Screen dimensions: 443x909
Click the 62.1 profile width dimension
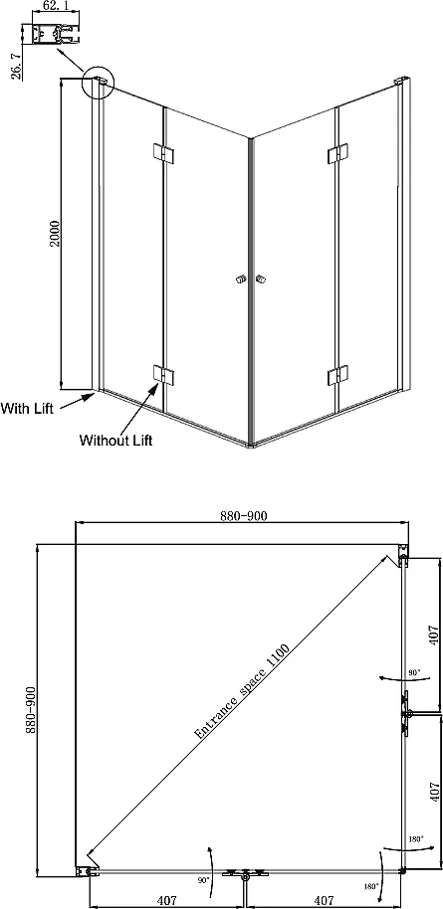[51, 6]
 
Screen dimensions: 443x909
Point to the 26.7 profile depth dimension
[16, 65]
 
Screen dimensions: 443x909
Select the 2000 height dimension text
[55, 233]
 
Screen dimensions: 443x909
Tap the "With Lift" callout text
[27, 408]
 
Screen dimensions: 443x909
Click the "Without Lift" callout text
[115, 440]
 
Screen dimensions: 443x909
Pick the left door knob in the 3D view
[240, 281]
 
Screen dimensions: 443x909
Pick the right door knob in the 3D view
[260, 280]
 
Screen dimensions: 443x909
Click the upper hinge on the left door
[162, 152]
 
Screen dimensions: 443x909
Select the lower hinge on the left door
[162, 375]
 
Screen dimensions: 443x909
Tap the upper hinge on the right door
[337, 152]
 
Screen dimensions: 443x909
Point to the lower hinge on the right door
[337, 375]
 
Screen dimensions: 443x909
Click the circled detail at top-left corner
[99, 82]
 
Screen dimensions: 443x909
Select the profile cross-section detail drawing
[54, 34]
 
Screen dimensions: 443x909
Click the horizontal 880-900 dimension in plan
[244, 516]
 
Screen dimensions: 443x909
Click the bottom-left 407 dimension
[166, 900]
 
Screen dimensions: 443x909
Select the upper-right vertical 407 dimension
[430, 634]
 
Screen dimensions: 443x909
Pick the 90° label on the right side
[413, 672]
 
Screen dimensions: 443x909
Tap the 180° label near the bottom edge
[371, 886]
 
